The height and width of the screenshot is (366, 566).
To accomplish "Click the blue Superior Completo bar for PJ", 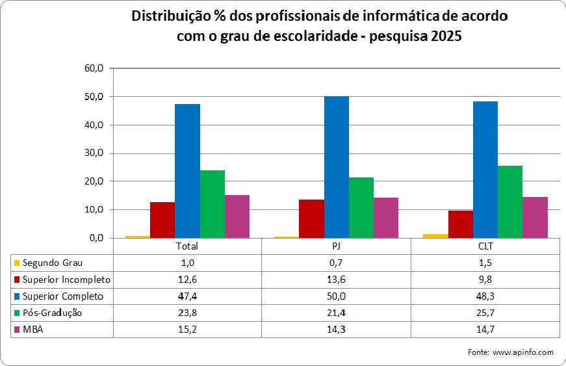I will (337, 167).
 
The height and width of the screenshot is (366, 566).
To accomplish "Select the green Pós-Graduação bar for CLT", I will (510, 202).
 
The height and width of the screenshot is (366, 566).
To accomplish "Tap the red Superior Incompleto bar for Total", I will (162, 220).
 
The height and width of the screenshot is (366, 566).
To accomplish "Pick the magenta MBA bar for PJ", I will (386, 218).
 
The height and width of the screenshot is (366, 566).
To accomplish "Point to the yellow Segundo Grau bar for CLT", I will (435, 235).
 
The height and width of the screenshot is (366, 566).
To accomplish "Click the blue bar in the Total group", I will (187, 171).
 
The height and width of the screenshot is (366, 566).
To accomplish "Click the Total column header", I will (187, 246).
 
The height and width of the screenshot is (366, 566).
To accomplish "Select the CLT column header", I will (485, 246).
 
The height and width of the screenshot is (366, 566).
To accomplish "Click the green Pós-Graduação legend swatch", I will (17, 313).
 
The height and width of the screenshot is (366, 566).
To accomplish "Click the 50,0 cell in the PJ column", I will (337, 296).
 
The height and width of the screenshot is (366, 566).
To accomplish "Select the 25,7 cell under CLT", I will (485, 313).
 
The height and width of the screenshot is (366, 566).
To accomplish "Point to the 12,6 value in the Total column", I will (187, 280).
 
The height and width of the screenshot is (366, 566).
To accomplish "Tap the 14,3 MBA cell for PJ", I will (337, 329).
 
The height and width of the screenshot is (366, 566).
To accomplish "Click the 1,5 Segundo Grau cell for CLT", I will (485, 263).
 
